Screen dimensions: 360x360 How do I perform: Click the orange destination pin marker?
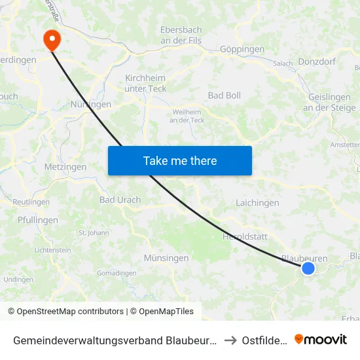coord(52,39)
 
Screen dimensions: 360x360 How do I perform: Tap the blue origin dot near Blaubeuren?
coord(308,268)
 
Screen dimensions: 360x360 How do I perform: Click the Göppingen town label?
coord(242,49)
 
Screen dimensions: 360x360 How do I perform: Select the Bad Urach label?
coord(120,200)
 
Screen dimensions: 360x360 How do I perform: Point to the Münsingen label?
coord(166,258)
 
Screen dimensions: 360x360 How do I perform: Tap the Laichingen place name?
coord(257,203)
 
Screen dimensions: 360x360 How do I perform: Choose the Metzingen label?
coord(65,167)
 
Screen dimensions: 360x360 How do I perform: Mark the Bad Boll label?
coord(225,96)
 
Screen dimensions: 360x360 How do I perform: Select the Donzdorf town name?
coord(317,62)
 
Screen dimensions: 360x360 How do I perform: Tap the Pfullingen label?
coord(38,220)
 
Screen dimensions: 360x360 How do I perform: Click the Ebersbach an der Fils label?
coord(181,35)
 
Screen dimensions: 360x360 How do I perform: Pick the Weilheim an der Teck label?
coord(187,116)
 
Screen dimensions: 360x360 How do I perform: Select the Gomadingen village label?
coord(117,273)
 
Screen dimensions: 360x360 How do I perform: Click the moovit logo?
coord(321,339)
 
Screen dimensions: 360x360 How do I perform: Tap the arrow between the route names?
coord(230,340)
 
